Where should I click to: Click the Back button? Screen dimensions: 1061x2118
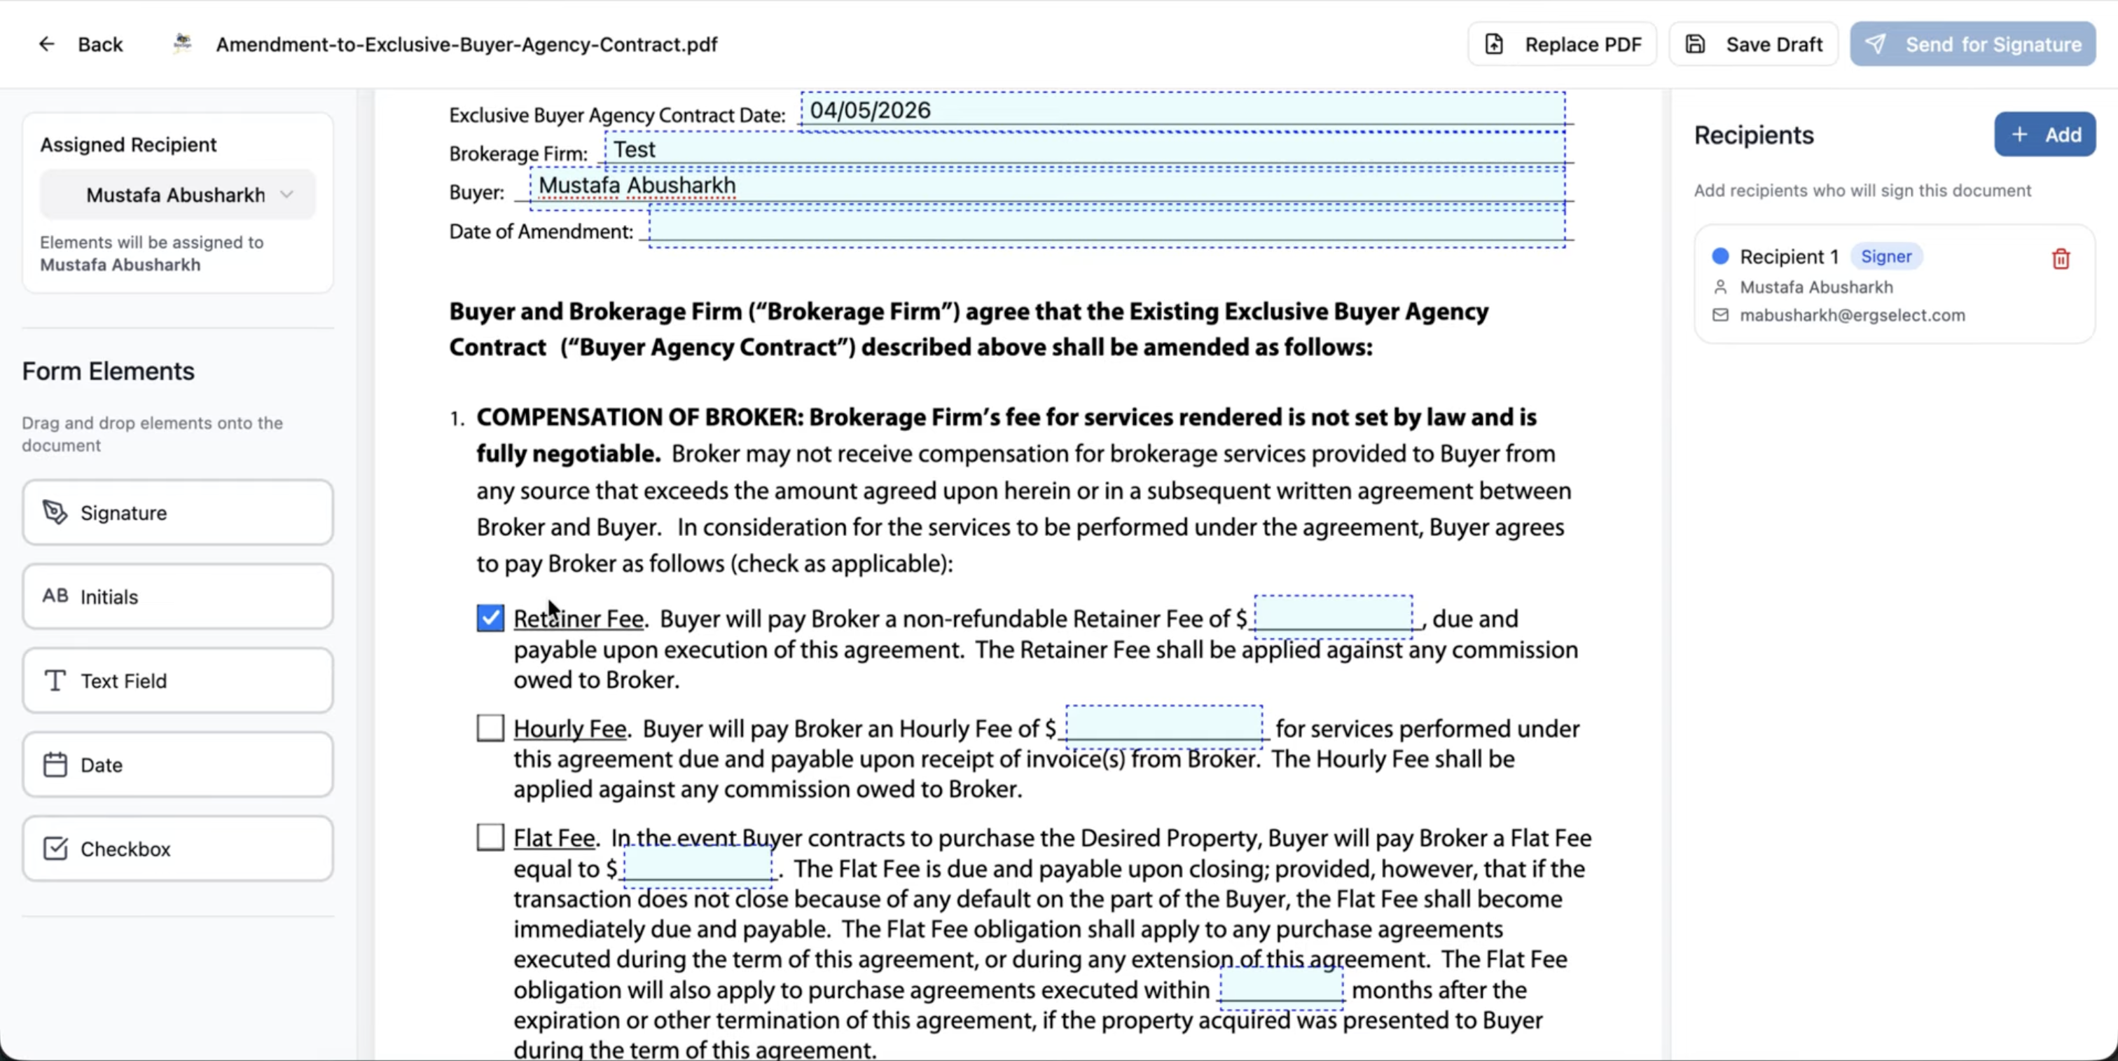(x=81, y=44)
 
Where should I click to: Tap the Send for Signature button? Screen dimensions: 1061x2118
(x=1972, y=44)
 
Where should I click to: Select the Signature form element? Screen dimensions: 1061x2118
(x=178, y=512)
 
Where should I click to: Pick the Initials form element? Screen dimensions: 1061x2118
(x=178, y=596)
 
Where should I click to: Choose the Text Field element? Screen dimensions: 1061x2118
(x=178, y=680)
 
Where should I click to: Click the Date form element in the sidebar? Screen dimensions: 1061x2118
(x=178, y=764)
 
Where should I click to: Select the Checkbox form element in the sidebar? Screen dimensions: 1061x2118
(x=178, y=848)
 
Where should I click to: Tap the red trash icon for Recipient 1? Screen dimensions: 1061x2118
(x=2061, y=259)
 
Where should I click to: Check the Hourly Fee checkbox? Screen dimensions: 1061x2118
(x=490, y=728)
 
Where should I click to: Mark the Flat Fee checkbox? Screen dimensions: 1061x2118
(x=490, y=837)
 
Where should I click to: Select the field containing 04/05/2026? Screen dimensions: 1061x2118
(x=1182, y=111)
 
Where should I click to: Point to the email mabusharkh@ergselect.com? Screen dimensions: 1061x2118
(x=1852, y=315)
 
